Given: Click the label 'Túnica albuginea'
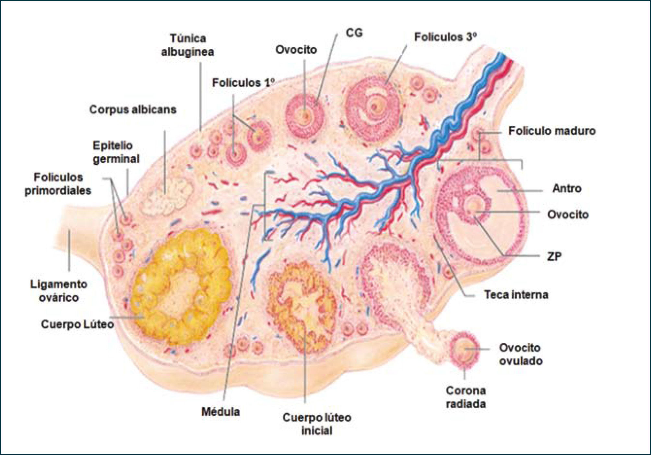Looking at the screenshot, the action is click(x=188, y=45).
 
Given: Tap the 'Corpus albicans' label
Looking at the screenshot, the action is click(x=133, y=110).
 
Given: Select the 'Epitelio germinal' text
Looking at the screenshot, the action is click(x=116, y=152).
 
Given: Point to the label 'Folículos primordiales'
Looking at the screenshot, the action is click(x=58, y=184).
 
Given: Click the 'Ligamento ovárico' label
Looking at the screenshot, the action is click(x=59, y=291).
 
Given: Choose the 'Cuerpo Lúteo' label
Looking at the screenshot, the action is click(x=77, y=324).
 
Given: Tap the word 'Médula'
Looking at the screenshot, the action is click(x=220, y=412).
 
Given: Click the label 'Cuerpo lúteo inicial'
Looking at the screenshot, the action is click(x=316, y=424).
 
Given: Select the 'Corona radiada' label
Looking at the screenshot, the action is click(x=466, y=397).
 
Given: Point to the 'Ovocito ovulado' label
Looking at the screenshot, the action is click(x=520, y=354).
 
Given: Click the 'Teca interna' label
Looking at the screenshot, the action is click(x=516, y=295).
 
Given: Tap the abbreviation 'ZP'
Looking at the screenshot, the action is click(x=554, y=257).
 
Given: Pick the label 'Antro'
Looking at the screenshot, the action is click(x=566, y=188).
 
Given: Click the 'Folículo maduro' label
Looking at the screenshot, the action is click(x=551, y=131).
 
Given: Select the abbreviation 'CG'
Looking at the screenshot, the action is click(x=354, y=33).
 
